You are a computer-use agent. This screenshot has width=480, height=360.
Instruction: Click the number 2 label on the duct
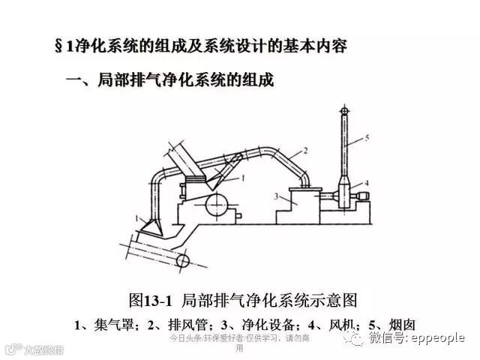305,151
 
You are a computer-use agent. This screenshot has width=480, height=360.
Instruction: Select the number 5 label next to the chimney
367,137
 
